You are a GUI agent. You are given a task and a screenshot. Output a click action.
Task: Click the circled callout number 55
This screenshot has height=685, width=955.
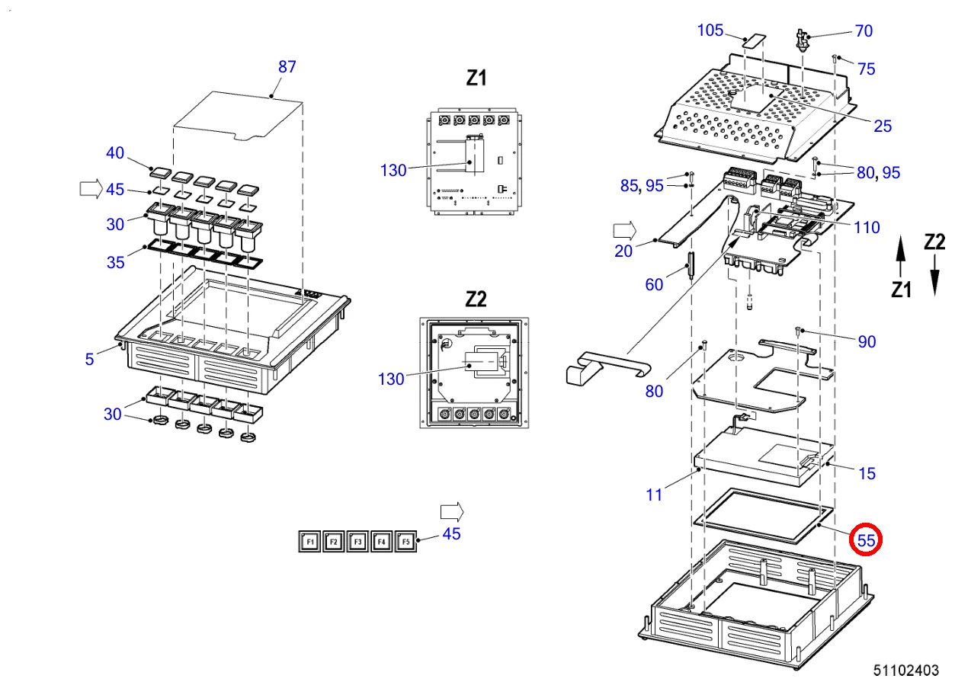coord(866,539)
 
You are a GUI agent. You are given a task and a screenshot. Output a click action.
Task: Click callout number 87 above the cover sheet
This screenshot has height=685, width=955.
coord(287,67)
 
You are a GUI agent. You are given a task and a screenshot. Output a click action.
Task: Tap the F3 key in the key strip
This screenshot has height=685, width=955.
coord(357,542)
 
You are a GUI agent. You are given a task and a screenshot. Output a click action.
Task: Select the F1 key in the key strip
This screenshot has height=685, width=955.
coord(309,542)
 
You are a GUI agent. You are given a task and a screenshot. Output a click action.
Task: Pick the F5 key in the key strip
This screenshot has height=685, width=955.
coord(405,542)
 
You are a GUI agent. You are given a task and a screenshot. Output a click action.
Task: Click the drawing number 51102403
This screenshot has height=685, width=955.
coord(906,671)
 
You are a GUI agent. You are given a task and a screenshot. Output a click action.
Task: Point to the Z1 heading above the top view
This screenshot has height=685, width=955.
coord(476,78)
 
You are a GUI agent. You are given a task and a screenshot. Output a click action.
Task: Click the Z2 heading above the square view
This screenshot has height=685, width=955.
coord(476,299)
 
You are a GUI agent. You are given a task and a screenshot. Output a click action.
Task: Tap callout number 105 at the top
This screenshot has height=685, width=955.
coord(710,30)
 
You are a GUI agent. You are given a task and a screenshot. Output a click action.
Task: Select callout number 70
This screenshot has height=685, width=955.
coord(864,31)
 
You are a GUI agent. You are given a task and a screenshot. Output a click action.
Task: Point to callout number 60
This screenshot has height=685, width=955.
coord(654,285)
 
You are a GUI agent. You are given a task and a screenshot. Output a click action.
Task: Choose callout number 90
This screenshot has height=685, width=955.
coord(867,342)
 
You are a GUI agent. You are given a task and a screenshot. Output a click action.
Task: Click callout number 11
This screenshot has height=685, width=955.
coord(654,495)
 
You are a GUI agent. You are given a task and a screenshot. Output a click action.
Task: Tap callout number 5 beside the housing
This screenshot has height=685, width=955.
coord(90,359)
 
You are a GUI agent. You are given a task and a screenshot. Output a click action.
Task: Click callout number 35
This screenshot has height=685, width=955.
coord(115,264)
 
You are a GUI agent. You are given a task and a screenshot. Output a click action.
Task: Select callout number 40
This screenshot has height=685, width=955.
coord(114,153)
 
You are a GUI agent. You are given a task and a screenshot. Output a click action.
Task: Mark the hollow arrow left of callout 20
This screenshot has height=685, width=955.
coord(624,229)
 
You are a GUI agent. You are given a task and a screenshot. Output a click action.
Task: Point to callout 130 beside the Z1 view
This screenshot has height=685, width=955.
coord(393,171)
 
